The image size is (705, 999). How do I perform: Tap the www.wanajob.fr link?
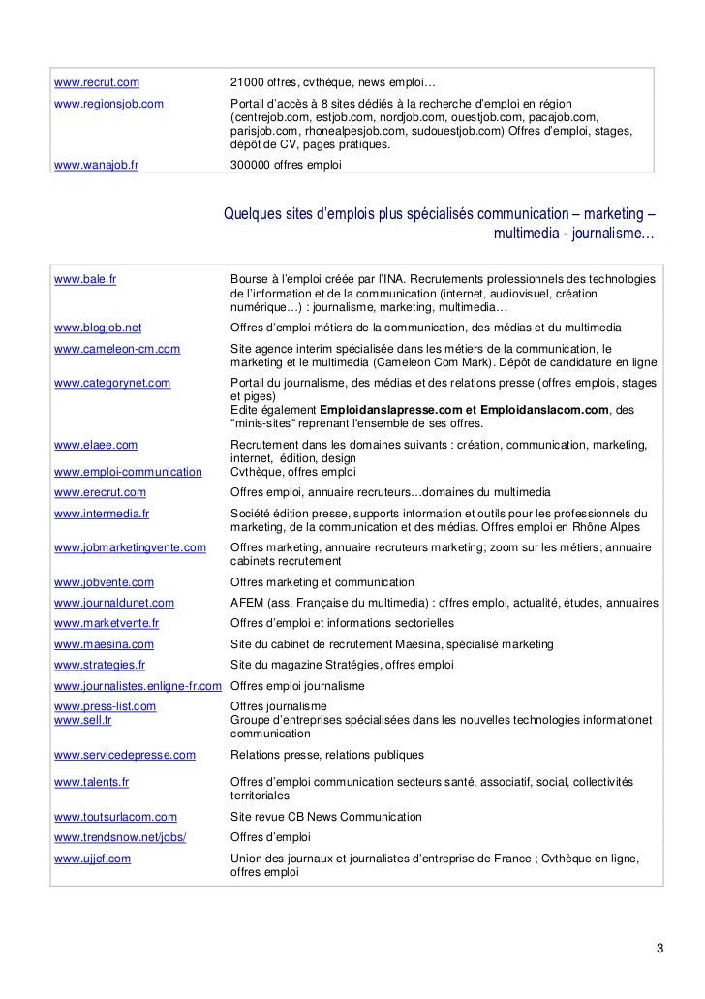(x=97, y=165)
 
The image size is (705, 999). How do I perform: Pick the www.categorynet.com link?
(x=112, y=383)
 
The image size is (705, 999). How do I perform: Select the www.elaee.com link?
(x=96, y=445)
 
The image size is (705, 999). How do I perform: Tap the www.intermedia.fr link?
(x=102, y=513)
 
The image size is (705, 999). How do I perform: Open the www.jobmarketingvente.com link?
(x=130, y=547)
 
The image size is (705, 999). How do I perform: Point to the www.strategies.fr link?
(x=100, y=665)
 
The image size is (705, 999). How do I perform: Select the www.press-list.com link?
(x=106, y=706)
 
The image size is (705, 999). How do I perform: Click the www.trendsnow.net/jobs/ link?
(x=120, y=837)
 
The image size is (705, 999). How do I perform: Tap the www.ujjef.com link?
(x=93, y=859)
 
